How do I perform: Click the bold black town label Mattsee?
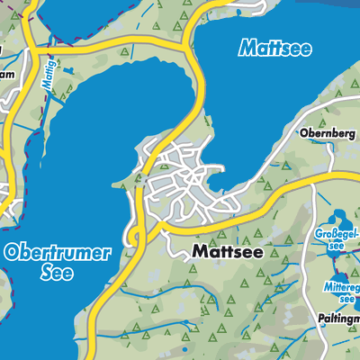(x=228, y=253)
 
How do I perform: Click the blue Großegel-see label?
(x=337, y=240)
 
